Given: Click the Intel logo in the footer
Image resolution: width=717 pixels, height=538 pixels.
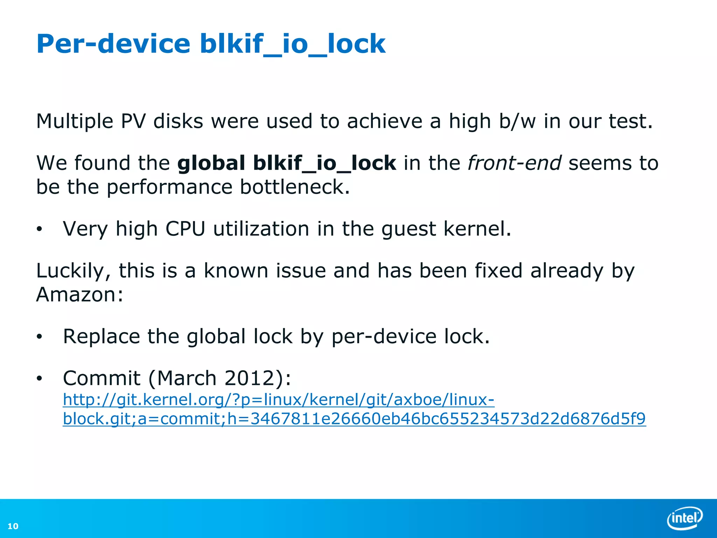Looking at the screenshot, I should (x=684, y=517).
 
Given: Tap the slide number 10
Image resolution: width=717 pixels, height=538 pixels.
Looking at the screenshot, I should (x=13, y=526).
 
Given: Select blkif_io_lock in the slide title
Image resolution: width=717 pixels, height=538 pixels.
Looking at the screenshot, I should (x=292, y=44).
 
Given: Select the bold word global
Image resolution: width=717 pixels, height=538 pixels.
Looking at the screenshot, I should (x=211, y=163).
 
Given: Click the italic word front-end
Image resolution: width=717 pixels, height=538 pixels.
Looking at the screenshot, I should (x=514, y=163).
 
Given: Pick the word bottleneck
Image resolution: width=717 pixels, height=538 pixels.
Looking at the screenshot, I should (x=295, y=187).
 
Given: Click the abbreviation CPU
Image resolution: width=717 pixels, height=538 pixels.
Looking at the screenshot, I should (x=185, y=229).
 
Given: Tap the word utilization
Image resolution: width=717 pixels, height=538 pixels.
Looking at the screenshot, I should (x=261, y=229).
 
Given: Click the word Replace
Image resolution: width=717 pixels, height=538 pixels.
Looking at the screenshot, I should (x=101, y=337).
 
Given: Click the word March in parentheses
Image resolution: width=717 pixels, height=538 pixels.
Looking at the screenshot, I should (x=187, y=378).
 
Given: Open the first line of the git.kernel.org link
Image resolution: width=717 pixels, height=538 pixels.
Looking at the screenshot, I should (x=278, y=400).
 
